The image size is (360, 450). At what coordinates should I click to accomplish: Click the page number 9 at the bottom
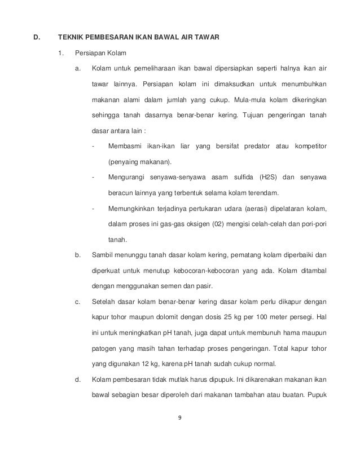click(x=180, y=418)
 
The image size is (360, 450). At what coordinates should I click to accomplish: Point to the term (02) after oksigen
click(x=218, y=224)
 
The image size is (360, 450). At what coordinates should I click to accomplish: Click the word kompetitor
click(x=309, y=147)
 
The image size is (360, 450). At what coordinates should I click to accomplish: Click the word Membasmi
click(x=125, y=147)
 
